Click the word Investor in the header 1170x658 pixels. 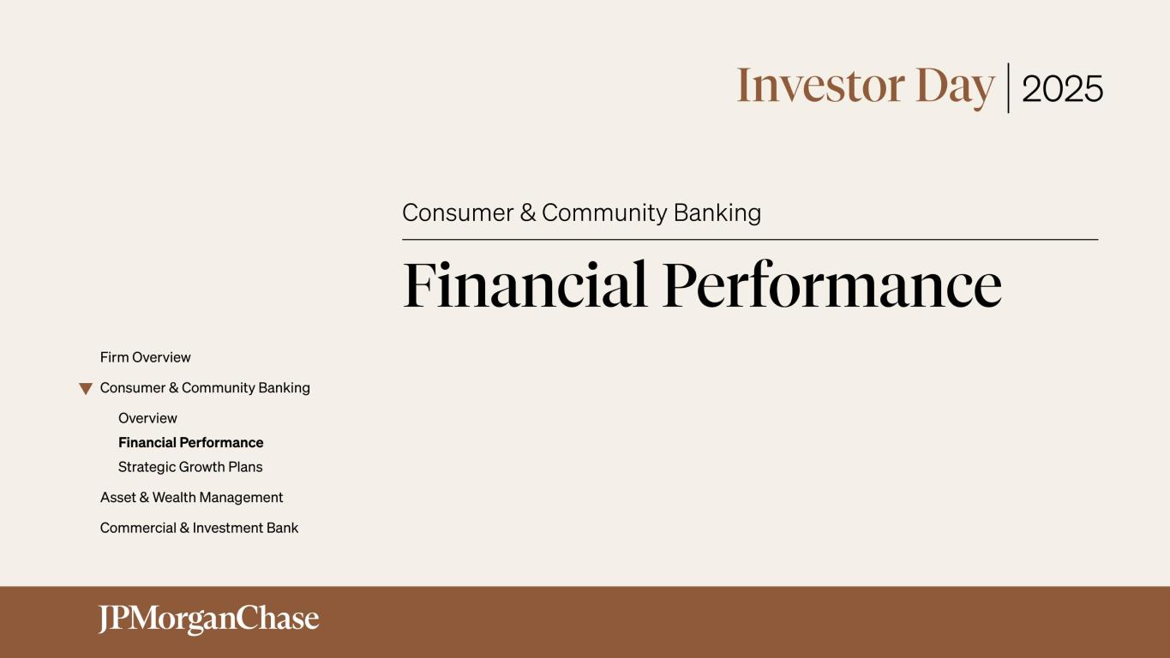coord(820,86)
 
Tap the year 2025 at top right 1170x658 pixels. coord(1062,89)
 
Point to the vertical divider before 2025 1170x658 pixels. coord(1008,87)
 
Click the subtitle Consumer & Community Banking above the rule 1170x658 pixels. coord(581,212)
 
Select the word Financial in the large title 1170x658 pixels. coord(525,284)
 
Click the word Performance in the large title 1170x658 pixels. coord(831,284)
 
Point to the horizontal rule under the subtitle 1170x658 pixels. coord(750,240)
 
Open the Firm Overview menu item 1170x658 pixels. coord(146,357)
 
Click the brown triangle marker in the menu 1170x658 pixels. coord(86,389)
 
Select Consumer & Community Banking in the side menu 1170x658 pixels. coord(205,388)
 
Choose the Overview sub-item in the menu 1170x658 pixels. coord(147,418)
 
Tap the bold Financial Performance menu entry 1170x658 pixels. coord(190,443)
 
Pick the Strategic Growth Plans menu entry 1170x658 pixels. coord(190,467)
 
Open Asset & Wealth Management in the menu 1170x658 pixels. coord(191,498)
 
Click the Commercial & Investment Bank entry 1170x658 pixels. coord(199,528)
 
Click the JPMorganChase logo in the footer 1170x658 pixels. coord(208,619)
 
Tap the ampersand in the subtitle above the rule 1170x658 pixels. coord(528,212)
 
